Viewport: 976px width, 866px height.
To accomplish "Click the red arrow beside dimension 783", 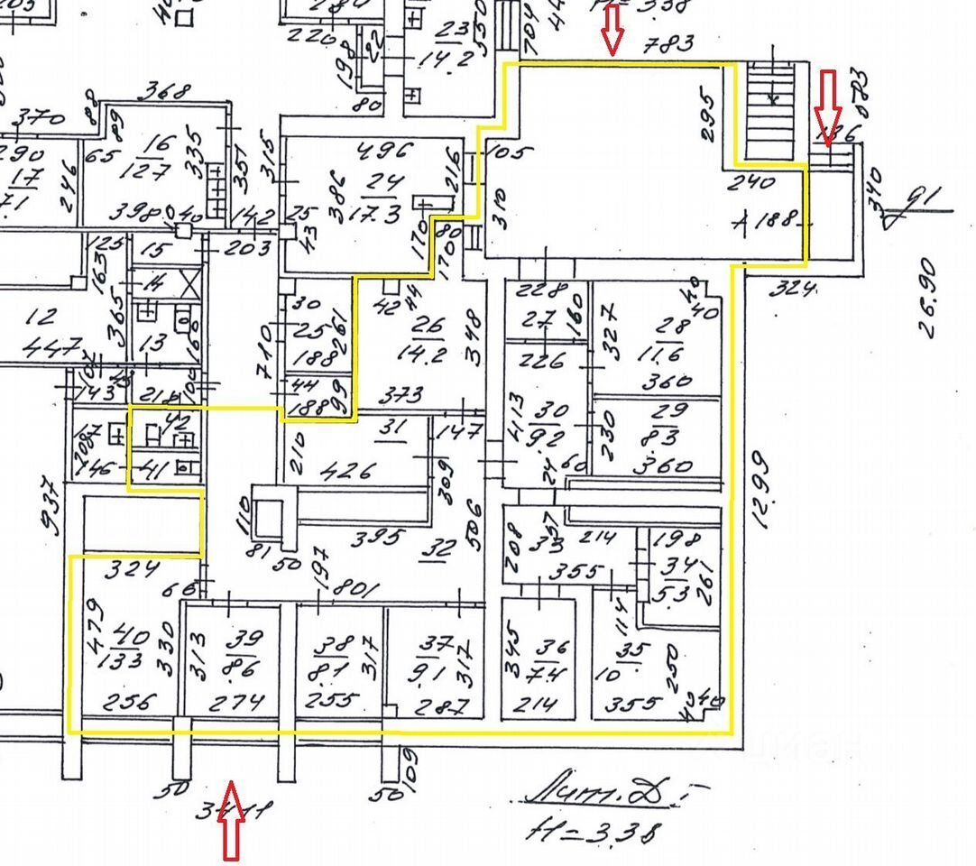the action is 612,27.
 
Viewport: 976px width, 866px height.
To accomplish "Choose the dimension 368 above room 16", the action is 168,92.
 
